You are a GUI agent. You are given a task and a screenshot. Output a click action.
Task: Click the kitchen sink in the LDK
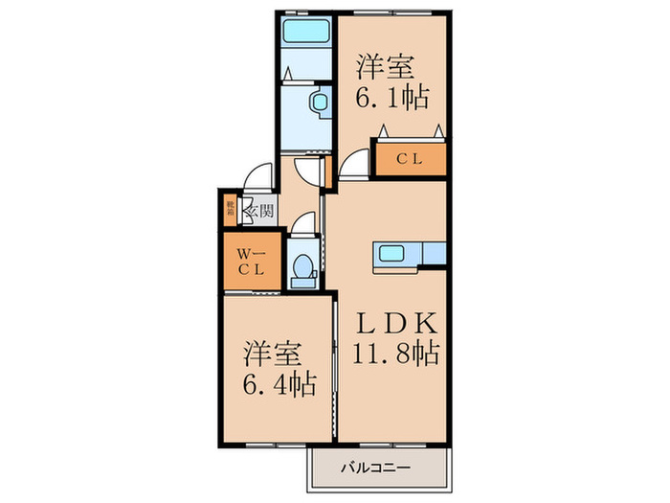[393, 254]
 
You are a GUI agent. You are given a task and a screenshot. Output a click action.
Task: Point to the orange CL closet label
[410, 160]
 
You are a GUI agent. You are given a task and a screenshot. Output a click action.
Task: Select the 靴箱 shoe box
[231, 210]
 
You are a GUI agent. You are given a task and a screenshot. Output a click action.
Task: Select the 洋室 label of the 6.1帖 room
[388, 67]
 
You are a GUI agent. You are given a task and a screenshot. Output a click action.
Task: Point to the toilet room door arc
[301, 223]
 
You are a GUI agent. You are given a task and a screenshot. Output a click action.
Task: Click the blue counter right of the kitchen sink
[433, 254]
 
